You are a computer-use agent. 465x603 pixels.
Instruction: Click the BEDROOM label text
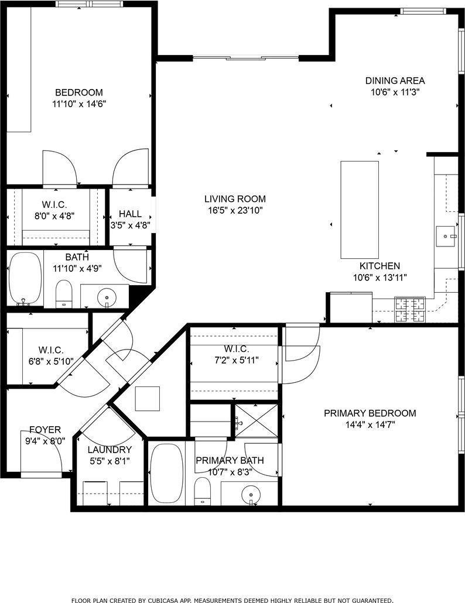78,92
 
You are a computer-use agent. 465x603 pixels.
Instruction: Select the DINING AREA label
395,81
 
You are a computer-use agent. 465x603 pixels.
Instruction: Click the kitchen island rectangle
360,210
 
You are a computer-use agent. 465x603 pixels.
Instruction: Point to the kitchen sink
448,237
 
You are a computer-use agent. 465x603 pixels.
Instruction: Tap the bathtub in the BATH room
25,277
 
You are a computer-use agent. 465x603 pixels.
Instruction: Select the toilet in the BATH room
63,293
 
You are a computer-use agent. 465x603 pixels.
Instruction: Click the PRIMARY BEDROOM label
370,413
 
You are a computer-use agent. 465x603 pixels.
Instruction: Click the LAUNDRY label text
110,450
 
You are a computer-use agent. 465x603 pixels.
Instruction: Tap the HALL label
129,214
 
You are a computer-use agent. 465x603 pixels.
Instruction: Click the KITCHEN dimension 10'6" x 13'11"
379,278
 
